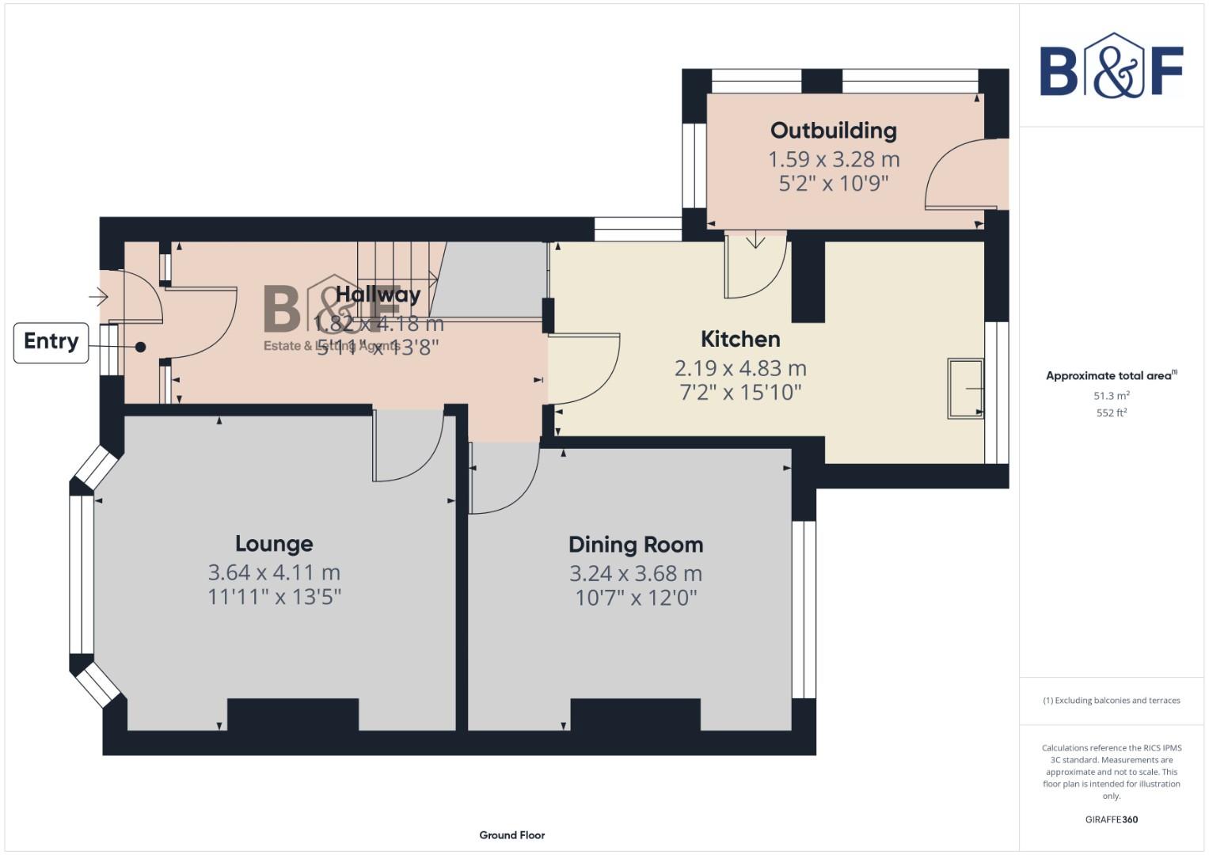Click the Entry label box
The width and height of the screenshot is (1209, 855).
tap(51, 342)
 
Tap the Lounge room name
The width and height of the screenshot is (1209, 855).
tap(274, 544)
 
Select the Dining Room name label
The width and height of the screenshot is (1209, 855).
tap(636, 545)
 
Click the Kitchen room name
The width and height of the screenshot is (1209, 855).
tap(740, 340)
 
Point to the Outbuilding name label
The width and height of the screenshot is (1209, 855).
tap(833, 131)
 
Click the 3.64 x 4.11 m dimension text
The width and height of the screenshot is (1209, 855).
tap(274, 572)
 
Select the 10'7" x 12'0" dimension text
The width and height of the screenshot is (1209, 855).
tap(636, 597)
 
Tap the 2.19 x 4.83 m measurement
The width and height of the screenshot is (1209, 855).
tap(740, 368)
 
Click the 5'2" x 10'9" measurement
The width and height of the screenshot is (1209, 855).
tap(833, 184)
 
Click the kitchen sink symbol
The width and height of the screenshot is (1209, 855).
tap(965, 388)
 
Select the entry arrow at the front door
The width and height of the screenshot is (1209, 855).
tap(98, 298)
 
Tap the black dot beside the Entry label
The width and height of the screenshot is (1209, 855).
tap(140, 347)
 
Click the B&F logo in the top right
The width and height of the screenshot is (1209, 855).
tap(1111, 67)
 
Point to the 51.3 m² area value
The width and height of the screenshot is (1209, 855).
tap(1111, 396)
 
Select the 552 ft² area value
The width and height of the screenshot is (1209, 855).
tap(1111, 413)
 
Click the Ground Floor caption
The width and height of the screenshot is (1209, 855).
tap(511, 835)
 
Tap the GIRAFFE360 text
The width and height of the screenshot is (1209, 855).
tap(1111, 819)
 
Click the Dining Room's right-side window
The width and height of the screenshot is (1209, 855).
tap(804, 610)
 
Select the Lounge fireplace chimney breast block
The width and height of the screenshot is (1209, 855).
tap(293, 714)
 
